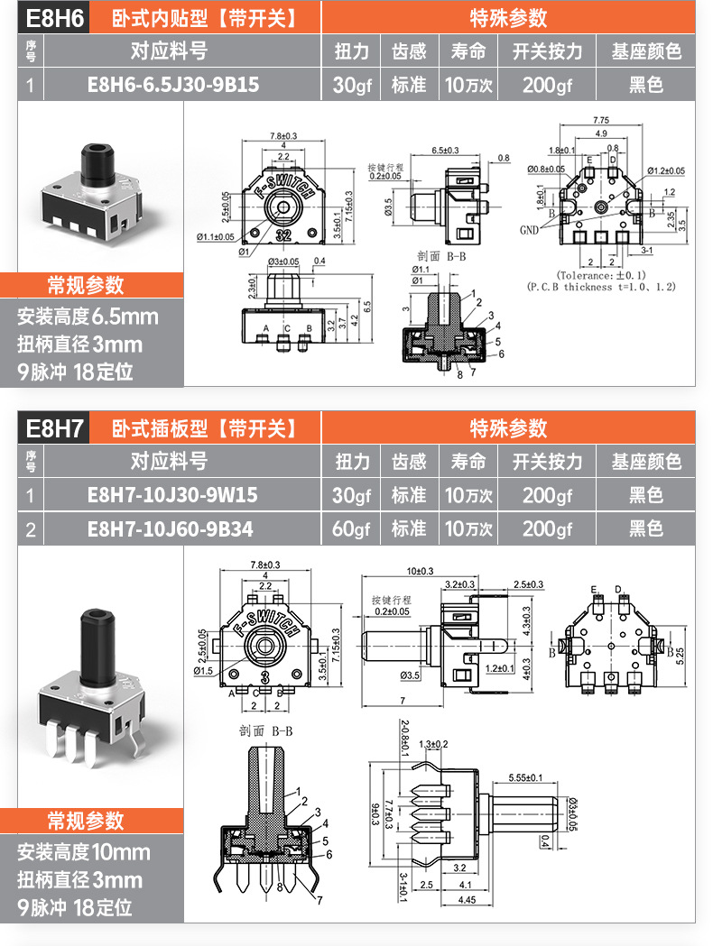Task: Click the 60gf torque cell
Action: click(x=351, y=528)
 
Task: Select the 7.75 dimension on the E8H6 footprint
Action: click(x=601, y=120)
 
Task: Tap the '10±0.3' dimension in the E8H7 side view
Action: click(x=420, y=571)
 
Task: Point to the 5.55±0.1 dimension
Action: click(x=525, y=776)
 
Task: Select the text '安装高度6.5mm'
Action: click(x=88, y=317)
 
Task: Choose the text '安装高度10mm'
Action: click(x=84, y=852)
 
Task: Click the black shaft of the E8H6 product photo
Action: click(x=94, y=161)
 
